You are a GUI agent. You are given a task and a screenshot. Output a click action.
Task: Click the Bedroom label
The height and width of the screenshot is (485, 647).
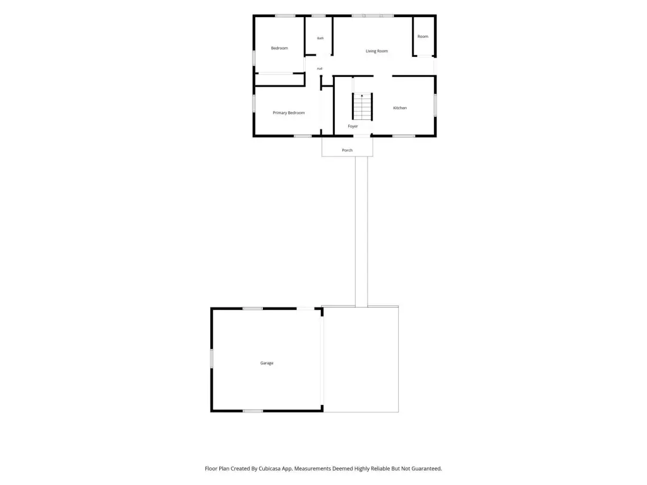[x=279, y=48]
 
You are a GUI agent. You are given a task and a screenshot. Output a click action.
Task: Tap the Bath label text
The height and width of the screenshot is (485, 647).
[x=320, y=39]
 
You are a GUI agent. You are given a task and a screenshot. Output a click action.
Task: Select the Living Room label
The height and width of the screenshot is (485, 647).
[x=377, y=51]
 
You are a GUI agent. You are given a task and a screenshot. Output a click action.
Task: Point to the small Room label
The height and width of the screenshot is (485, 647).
[x=423, y=37]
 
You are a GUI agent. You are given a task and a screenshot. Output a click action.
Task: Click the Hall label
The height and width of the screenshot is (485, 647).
[x=319, y=69]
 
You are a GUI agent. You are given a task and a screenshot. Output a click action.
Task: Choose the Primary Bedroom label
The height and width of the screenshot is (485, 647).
[x=289, y=112]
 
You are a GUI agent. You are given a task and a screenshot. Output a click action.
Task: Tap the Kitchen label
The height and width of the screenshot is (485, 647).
[x=400, y=108]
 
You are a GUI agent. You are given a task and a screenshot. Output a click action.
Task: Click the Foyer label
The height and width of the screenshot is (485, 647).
[x=353, y=126]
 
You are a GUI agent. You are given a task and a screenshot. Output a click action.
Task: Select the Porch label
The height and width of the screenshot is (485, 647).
[x=348, y=150]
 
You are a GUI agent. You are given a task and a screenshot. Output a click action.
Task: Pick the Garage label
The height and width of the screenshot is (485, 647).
[x=267, y=363]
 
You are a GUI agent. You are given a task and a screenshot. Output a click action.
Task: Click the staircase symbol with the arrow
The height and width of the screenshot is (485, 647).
[x=362, y=106]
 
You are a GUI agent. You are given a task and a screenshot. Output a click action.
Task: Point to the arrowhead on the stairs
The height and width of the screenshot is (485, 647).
[x=362, y=96]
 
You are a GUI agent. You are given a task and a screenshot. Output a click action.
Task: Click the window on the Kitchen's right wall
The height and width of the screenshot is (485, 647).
[x=435, y=105]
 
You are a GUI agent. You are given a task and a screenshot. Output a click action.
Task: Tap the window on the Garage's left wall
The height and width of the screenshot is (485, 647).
[x=212, y=359]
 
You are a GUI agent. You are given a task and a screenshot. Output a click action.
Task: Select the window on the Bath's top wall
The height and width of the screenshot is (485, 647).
[x=318, y=16]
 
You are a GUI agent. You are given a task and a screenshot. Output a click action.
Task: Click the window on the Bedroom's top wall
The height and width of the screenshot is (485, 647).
[x=285, y=16]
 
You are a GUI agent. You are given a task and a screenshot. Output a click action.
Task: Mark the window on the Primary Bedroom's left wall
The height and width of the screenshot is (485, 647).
[x=254, y=103]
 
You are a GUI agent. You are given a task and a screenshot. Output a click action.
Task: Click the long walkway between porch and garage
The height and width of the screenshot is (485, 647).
[x=361, y=231]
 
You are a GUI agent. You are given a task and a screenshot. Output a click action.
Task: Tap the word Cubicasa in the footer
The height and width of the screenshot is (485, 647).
[x=270, y=469]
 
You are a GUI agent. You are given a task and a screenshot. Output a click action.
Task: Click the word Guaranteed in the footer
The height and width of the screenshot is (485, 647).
[x=425, y=469]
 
